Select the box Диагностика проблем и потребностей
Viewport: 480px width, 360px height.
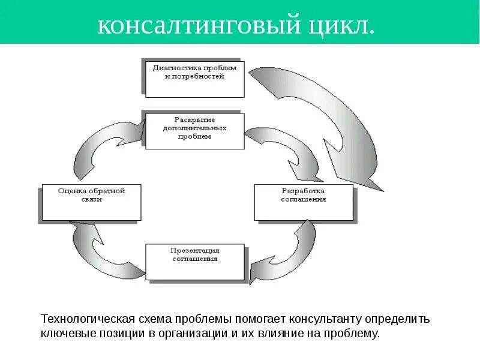pos(195,78)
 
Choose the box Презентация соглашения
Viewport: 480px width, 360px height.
pos(195,262)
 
